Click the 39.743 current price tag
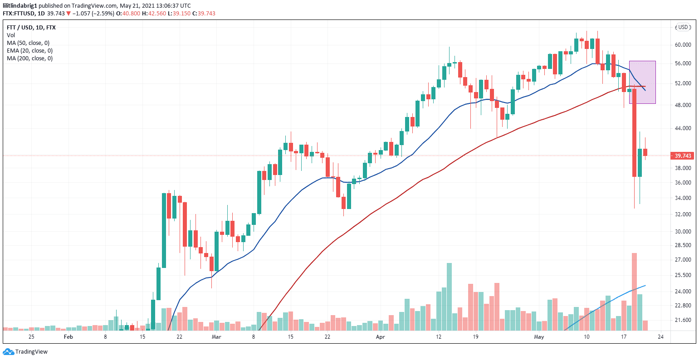(x=683, y=156)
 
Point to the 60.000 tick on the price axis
(x=683, y=45)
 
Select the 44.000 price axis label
(x=683, y=128)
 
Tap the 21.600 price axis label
(x=683, y=320)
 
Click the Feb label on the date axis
(x=68, y=337)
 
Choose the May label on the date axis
(x=539, y=337)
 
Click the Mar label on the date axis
(x=216, y=337)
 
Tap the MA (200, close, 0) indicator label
(x=29, y=58)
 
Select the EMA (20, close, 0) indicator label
(x=29, y=51)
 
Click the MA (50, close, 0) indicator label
(x=28, y=43)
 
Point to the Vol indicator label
(x=11, y=35)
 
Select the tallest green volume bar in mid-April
(x=449, y=297)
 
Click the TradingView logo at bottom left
(x=25, y=351)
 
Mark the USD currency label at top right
(x=684, y=27)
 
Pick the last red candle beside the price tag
(x=645, y=152)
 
